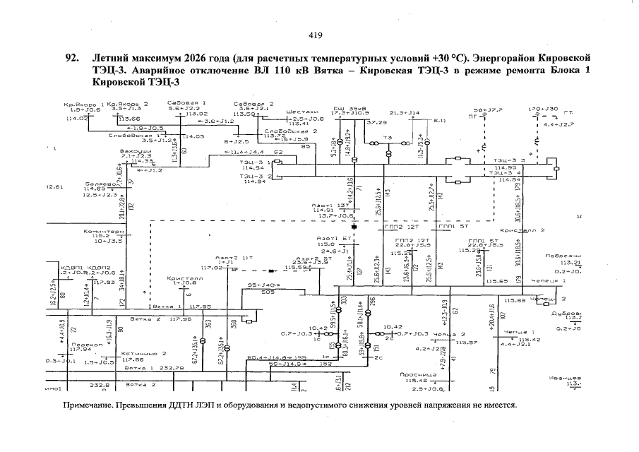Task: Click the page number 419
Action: point(316,36)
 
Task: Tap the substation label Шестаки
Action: point(302,112)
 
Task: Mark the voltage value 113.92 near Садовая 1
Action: point(196,114)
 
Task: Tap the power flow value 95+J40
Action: point(264,285)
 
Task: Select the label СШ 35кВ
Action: point(347,107)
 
